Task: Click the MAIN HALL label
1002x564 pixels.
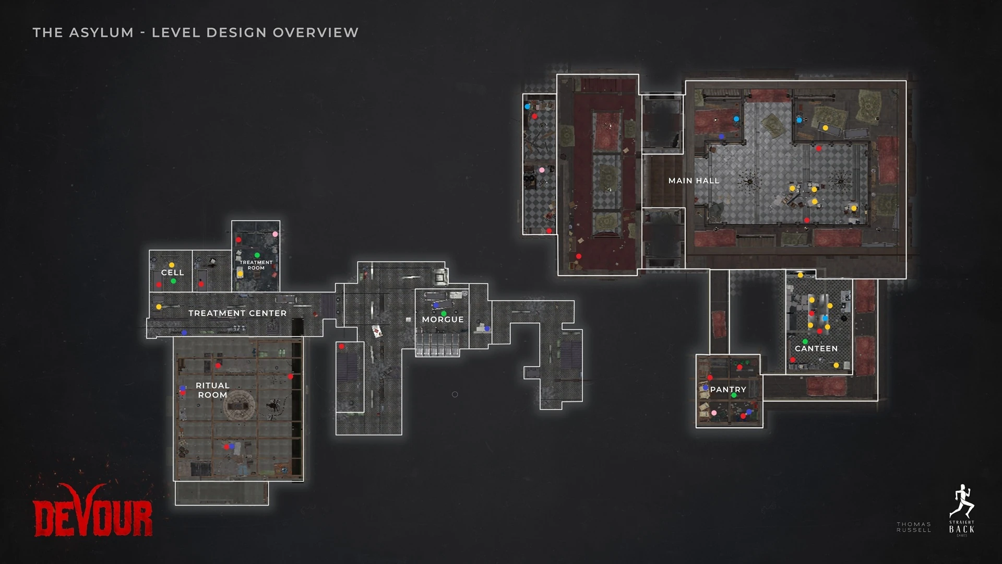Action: (694, 181)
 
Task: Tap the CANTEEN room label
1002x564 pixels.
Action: (816, 348)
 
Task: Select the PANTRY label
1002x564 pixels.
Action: (728, 390)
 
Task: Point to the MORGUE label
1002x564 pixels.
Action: (443, 320)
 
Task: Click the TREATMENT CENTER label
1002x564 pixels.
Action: (237, 313)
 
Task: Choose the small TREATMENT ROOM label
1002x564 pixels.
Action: (256, 265)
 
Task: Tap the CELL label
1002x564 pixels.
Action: (172, 273)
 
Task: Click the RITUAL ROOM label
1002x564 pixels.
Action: (212, 390)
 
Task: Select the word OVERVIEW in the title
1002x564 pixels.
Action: (316, 32)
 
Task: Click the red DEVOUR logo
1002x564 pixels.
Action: (93, 514)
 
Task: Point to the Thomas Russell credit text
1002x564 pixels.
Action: (913, 527)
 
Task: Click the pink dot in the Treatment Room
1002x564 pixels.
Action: (275, 234)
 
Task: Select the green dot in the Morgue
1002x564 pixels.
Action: (444, 314)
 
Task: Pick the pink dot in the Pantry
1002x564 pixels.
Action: (714, 413)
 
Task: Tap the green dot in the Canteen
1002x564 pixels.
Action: (805, 342)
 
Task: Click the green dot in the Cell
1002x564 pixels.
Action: (173, 281)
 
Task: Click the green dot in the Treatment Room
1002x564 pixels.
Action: (257, 255)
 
